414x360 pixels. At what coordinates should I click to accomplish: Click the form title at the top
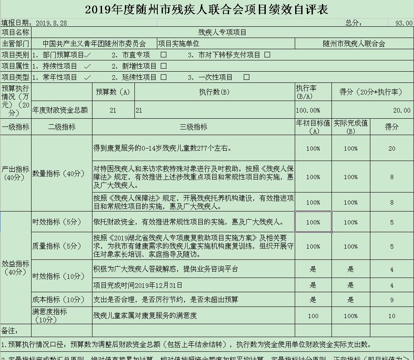point(207,9)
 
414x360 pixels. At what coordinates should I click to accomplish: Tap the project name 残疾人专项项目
point(222,32)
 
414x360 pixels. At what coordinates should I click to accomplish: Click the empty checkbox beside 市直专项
point(164,55)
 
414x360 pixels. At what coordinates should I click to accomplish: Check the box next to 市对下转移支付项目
point(267,55)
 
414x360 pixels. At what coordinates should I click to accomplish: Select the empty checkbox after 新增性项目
point(164,66)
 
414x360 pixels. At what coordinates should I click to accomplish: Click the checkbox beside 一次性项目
point(247,77)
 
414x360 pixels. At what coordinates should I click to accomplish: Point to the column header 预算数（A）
point(113,92)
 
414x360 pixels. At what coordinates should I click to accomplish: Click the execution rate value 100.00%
point(308,111)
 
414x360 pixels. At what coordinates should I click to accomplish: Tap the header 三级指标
point(193,127)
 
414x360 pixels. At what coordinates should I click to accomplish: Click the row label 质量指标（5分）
point(57,246)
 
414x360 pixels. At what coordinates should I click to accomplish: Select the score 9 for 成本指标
point(392,300)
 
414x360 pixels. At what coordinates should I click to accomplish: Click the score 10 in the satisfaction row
point(392,316)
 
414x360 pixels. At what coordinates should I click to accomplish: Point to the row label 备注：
point(10,331)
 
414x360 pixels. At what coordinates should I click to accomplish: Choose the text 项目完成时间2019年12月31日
point(138,285)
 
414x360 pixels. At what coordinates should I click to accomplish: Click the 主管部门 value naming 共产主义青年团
point(94,44)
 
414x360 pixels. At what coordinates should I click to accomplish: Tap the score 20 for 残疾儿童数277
point(392,148)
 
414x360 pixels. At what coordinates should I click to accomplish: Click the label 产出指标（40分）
point(16,173)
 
